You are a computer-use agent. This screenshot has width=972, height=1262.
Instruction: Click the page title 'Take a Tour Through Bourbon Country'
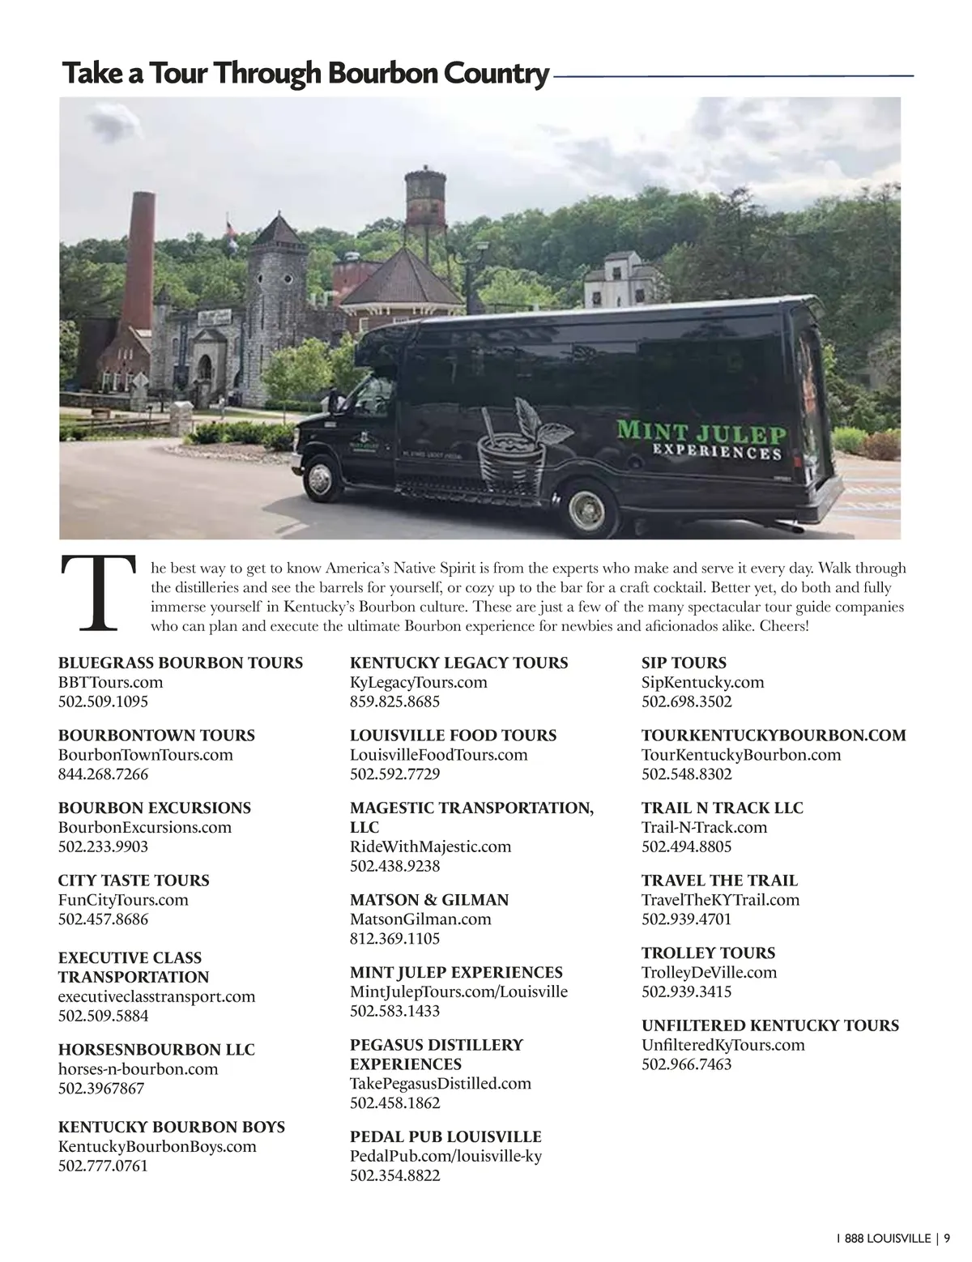tap(305, 74)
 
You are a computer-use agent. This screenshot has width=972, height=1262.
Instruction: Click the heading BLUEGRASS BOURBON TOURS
tap(181, 663)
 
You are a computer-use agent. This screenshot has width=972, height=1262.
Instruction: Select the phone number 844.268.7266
tap(103, 774)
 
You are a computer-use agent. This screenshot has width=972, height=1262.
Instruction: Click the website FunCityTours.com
tap(123, 899)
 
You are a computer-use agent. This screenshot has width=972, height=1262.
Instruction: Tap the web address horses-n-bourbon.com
tap(138, 1068)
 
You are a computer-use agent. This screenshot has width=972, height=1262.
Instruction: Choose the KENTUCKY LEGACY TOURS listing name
tap(459, 663)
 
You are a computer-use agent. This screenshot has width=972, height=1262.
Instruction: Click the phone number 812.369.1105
tap(394, 938)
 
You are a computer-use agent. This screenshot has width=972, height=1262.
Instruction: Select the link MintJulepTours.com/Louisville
tap(458, 991)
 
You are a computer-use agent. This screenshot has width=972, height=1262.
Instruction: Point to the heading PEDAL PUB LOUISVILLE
tap(446, 1136)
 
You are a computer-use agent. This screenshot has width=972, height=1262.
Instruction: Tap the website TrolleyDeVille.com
tap(709, 972)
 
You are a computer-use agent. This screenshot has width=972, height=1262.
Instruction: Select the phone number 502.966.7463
tap(686, 1064)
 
